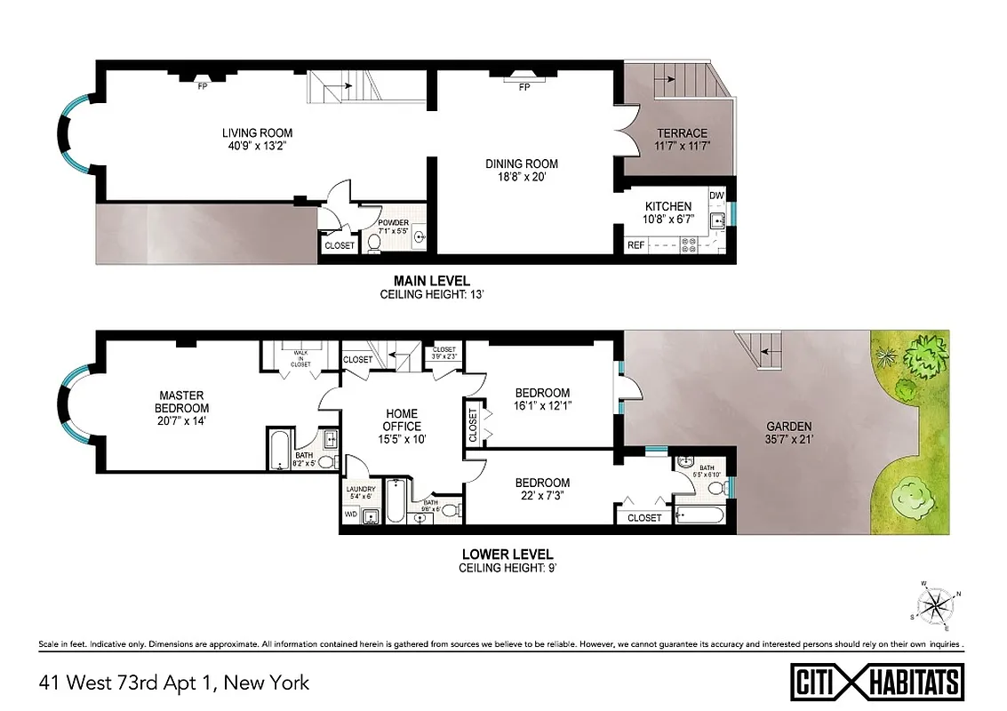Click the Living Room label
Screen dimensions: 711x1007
click(x=258, y=133)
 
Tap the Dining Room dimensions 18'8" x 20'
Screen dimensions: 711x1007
click(x=522, y=176)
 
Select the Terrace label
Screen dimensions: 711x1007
click(x=682, y=133)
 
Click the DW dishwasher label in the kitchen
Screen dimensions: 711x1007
click(x=717, y=195)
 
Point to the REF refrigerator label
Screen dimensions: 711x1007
click(x=636, y=244)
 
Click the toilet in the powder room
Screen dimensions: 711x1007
click(x=374, y=241)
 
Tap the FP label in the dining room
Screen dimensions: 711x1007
click(x=524, y=87)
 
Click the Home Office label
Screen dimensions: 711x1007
click(x=402, y=420)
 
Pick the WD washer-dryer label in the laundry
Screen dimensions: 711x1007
click(x=351, y=515)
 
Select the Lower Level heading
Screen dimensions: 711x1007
click(x=507, y=554)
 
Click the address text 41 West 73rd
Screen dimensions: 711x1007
click(x=173, y=683)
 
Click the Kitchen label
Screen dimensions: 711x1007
click(x=668, y=207)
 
